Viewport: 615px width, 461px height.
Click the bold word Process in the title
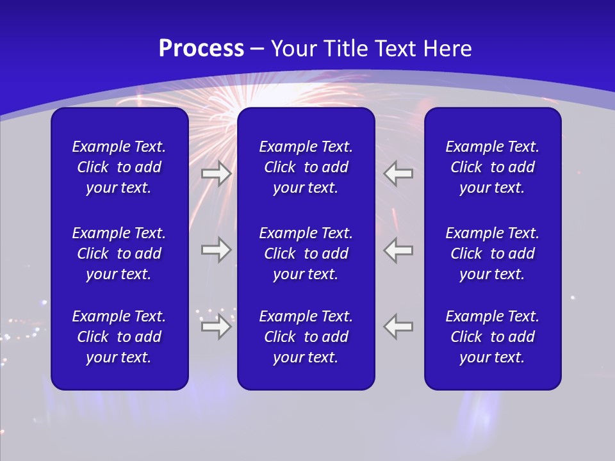click(x=201, y=49)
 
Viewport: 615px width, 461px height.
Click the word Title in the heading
click(x=346, y=49)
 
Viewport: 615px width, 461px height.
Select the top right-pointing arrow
click(x=216, y=174)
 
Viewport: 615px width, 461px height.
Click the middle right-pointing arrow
click(x=216, y=250)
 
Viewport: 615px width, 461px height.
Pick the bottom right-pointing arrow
click(x=216, y=327)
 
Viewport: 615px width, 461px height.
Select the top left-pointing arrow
click(x=398, y=174)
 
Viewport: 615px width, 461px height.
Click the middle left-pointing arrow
click(x=398, y=250)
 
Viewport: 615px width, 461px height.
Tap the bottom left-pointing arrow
click(x=398, y=327)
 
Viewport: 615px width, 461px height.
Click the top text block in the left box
click(x=119, y=167)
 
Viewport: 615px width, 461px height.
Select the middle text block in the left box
click(x=119, y=254)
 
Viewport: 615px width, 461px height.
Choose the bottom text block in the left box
click(x=119, y=337)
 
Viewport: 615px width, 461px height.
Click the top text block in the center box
click(x=306, y=167)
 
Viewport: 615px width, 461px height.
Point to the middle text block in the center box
click(x=306, y=254)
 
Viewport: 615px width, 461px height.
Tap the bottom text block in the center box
click(x=306, y=337)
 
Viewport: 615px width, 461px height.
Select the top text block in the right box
click(x=492, y=167)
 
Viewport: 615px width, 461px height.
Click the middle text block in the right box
click(x=492, y=254)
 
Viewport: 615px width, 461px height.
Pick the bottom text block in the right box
click(x=492, y=337)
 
